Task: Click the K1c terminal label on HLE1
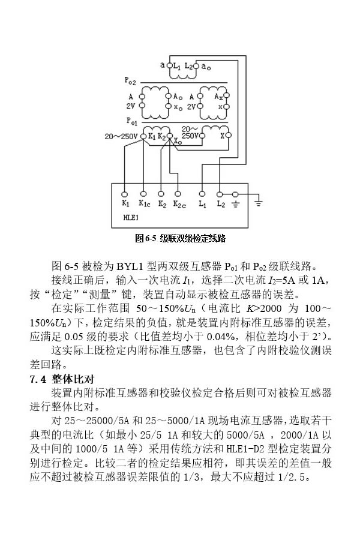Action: coord(145,204)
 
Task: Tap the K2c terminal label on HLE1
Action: coord(179,204)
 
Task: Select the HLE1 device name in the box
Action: coord(131,217)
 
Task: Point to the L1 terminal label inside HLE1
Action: coord(202,204)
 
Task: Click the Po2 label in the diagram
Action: coord(130,80)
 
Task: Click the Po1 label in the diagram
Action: coord(130,120)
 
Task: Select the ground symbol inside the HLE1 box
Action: coord(236,204)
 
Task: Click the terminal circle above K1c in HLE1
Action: coord(143,194)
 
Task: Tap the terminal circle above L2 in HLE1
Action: coord(220,194)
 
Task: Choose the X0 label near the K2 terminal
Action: coord(178,143)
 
